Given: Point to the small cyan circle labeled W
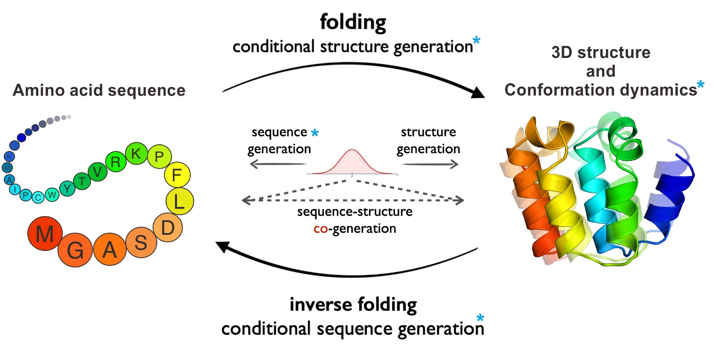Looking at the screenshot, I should click(52, 195).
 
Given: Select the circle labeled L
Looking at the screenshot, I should click(180, 202).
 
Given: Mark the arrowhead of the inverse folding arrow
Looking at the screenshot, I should click(223, 247).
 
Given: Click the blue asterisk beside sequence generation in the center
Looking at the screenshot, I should click(315, 133).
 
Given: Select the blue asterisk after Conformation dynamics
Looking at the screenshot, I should click(700, 87).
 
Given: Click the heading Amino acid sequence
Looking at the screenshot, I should click(99, 91).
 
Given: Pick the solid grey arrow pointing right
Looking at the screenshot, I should click(430, 164).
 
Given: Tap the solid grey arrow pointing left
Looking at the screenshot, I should click(277, 164).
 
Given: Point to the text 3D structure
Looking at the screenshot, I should click(601, 52).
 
